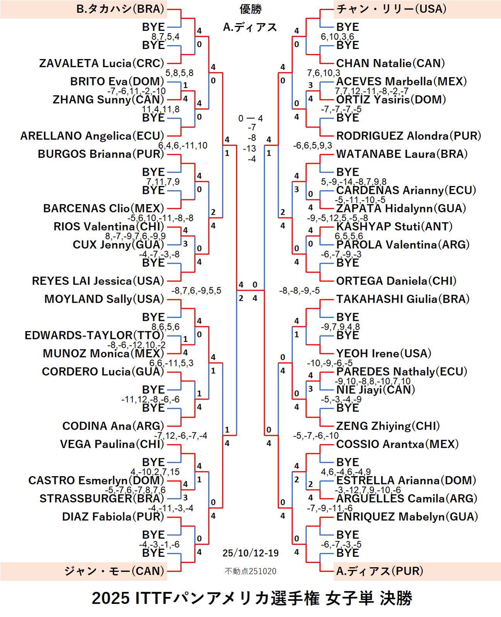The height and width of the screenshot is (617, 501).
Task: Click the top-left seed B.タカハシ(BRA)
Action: (120, 9)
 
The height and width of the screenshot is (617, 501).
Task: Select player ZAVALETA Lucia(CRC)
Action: (102, 63)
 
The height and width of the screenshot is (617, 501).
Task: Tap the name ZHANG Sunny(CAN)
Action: (108, 100)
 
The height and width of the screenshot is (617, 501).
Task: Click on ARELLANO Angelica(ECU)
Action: (92, 136)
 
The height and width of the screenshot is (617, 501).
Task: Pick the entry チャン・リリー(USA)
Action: (391, 9)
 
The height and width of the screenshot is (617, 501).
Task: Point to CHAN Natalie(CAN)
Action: (390, 63)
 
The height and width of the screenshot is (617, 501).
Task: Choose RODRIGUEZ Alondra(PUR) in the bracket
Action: (408, 136)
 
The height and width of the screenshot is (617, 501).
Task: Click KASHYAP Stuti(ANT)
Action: (394, 227)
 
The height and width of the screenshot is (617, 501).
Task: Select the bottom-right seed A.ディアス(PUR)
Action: (379, 571)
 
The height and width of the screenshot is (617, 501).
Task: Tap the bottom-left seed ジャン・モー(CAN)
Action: (114, 571)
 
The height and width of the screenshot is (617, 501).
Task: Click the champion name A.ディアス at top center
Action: (250, 27)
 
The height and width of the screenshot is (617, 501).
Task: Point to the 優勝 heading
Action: (250, 9)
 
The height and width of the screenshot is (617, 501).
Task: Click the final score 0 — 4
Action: (250, 119)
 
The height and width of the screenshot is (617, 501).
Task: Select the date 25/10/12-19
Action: (250, 553)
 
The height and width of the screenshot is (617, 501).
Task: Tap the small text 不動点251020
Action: (250, 571)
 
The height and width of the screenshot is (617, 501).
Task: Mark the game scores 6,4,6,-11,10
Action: (183, 146)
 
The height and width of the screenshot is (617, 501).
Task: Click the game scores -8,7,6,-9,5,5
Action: (196, 291)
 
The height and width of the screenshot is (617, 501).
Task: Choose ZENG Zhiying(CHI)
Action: (388, 426)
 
